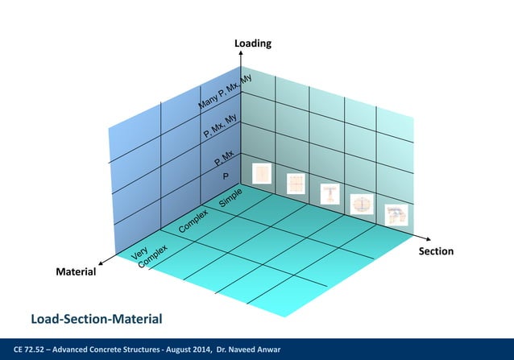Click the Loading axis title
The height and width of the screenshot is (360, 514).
(252, 43)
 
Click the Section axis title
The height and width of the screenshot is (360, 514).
(436, 251)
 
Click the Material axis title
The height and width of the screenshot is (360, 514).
(75, 272)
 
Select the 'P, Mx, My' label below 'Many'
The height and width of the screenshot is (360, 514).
(222, 129)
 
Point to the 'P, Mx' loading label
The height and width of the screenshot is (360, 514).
(224, 158)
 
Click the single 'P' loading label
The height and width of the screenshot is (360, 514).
(226, 176)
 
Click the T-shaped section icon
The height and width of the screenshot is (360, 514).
(330, 194)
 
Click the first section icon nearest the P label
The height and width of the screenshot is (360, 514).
(263, 174)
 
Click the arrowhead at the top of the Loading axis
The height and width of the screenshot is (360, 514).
(241, 55)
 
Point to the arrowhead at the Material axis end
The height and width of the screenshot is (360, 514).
(101, 263)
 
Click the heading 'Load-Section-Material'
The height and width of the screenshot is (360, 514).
(96, 321)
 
